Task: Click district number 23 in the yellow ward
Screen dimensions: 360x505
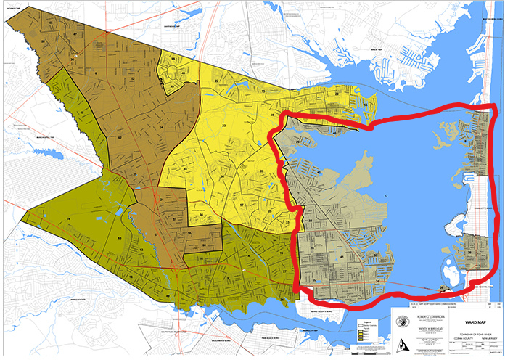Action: (223, 127)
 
